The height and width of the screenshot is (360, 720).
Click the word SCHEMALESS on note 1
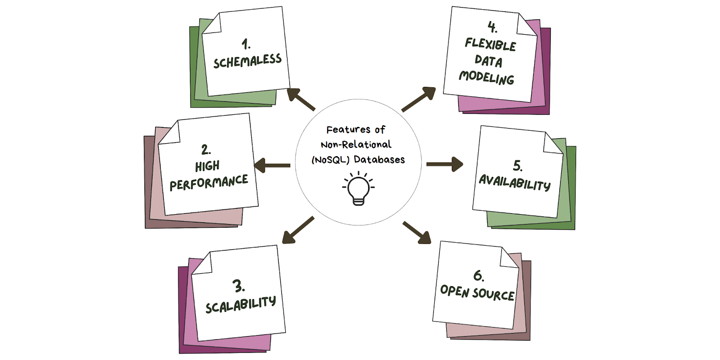[247, 61]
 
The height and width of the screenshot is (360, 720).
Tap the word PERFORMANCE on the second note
[209, 183]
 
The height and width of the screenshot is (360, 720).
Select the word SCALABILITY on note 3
[241, 305]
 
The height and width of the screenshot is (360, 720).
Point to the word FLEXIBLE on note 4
[490, 45]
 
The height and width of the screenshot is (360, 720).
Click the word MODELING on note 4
[486, 78]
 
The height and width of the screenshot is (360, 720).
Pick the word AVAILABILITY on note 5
[515, 183]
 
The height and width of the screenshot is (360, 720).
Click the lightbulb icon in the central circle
[358, 189]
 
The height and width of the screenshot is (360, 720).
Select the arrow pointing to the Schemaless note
[301, 99]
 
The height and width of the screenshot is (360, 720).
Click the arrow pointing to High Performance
[272, 165]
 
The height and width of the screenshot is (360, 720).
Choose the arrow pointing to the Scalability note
[298, 230]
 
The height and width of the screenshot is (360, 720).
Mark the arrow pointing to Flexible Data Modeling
[419, 99]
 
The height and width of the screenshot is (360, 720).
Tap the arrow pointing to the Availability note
[445, 164]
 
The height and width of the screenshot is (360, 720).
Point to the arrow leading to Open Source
[417, 233]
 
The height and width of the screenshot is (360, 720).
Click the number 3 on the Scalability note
[238, 286]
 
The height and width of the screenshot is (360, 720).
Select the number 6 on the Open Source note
[479, 276]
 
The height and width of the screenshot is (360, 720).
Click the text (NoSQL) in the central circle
[330, 160]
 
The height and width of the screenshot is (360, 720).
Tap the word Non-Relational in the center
[356, 144]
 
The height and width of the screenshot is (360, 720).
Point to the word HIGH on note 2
[207, 166]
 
